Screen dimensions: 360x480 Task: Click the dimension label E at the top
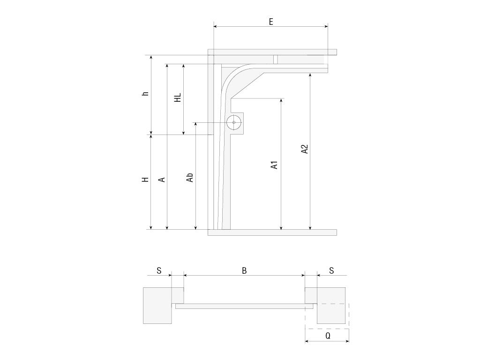271,22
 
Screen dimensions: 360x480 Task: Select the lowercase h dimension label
146,94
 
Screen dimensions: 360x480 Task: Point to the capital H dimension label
146,180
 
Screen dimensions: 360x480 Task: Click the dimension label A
162,180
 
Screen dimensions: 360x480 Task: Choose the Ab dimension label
190,178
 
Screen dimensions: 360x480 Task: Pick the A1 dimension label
275,165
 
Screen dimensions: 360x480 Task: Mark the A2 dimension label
305,149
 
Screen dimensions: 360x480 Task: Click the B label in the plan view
244,270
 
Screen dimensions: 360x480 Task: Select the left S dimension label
159,270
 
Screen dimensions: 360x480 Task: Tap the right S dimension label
331,270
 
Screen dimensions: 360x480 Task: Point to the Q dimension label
328,336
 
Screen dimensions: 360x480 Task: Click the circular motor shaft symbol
233,123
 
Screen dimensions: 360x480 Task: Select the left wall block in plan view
157,305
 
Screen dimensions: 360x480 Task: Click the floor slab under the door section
272,232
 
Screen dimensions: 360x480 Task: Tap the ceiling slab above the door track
272,52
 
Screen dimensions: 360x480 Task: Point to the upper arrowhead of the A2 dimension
310,75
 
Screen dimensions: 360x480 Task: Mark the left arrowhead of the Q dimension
307,342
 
